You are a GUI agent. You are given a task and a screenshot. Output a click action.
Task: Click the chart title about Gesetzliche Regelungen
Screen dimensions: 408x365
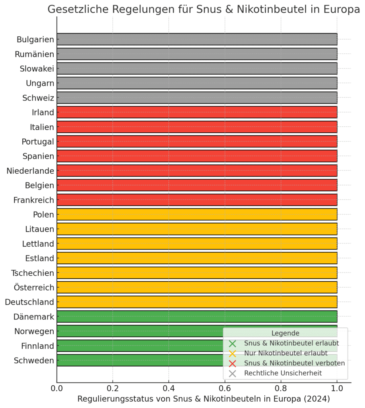[203, 10]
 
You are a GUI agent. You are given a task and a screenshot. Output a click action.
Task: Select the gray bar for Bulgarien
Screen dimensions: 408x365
[197, 39]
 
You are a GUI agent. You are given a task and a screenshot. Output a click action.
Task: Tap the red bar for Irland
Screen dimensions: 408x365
[197, 112]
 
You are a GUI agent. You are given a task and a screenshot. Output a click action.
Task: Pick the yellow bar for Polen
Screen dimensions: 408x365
[197, 214]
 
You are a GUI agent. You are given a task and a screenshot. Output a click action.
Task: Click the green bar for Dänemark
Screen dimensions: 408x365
[197, 316]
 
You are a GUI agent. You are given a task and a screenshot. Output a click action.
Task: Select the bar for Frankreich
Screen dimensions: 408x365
[197, 200]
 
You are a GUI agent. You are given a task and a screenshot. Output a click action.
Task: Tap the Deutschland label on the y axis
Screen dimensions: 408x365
[29, 302]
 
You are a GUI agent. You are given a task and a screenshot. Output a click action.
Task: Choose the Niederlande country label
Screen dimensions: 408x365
[30, 171]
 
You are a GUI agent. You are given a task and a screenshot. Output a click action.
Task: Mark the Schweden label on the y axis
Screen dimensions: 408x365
[34, 360]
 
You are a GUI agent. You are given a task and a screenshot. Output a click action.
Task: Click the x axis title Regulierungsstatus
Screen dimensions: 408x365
[203, 399]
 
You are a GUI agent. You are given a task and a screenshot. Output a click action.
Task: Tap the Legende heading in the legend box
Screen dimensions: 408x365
[285, 333]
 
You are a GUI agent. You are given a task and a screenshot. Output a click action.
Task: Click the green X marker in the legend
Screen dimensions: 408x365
[232, 343]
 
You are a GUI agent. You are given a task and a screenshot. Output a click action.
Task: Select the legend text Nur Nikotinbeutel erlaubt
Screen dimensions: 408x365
[286, 353]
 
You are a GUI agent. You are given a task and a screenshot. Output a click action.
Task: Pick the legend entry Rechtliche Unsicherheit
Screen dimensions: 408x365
[283, 373]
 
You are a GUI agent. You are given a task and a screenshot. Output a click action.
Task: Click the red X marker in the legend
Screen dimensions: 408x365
[232, 363]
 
